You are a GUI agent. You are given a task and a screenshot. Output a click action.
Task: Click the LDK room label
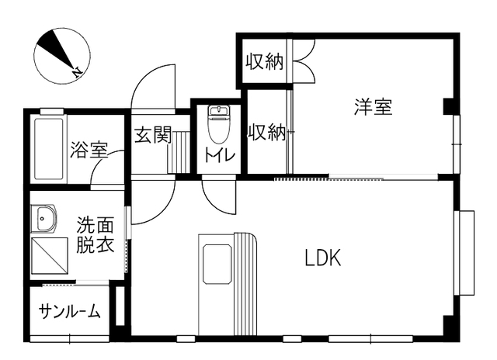(323, 258)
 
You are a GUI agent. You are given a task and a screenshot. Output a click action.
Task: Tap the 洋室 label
(374, 107)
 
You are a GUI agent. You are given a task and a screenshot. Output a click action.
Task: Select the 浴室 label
(88, 150)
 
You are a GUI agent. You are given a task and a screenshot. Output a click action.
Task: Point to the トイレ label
(219, 154)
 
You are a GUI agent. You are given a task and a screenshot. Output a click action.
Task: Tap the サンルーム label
(70, 312)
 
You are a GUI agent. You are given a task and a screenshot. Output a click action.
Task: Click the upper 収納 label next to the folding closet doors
(264, 61)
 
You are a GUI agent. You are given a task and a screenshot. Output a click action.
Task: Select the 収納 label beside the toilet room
(266, 133)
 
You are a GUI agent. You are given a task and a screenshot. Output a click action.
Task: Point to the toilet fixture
(218, 124)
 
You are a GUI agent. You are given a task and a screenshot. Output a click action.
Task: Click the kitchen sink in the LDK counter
(217, 263)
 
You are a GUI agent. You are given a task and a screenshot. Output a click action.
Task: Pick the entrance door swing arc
(153, 85)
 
